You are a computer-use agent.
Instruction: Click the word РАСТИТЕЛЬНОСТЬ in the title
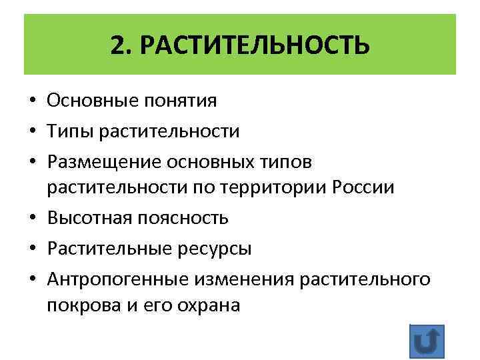pyautogui.click(x=255, y=46)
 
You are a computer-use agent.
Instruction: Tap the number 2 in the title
pyautogui.click(x=117, y=46)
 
